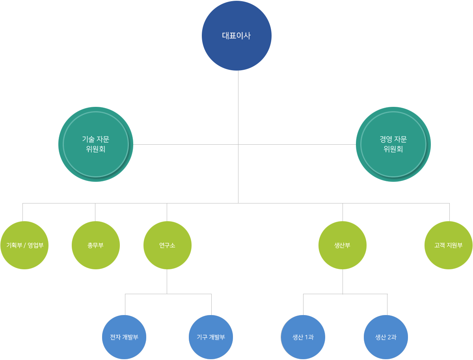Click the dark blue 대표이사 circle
pyautogui.click(x=236, y=35)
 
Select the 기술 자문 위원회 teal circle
pyautogui.click(x=96, y=144)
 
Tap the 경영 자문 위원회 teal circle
pyautogui.click(x=393, y=144)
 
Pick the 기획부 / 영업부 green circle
pyautogui.click(x=24, y=245)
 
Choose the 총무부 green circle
pyautogui.click(x=96, y=245)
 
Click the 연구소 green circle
pyautogui.click(x=168, y=245)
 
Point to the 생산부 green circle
pyautogui.click(x=343, y=245)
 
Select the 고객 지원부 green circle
pyautogui.click(x=449, y=245)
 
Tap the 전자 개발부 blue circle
pyautogui.click(x=124, y=337)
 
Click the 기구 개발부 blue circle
pyautogui.click(x=211, y=337)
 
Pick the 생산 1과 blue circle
pyautogui.click(x=303, y=337)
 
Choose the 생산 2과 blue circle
pyautogui.click(x=386, y=337)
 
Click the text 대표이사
pyautogui.click(x=236, y=36)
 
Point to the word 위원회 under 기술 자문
pyautogui.click(x=96, y=149)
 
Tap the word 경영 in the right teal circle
pyautogui.click(x=386, y=139)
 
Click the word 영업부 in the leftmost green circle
pyautogui.click(x=35, y=245)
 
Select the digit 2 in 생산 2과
pyautogui.click(x=389, y=337)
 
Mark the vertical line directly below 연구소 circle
pyautogui.click(x=167, y=282)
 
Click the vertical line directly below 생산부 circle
pyautogui.click(x=343, y=282)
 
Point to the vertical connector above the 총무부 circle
pyautogui.click(x=95, y=212)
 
